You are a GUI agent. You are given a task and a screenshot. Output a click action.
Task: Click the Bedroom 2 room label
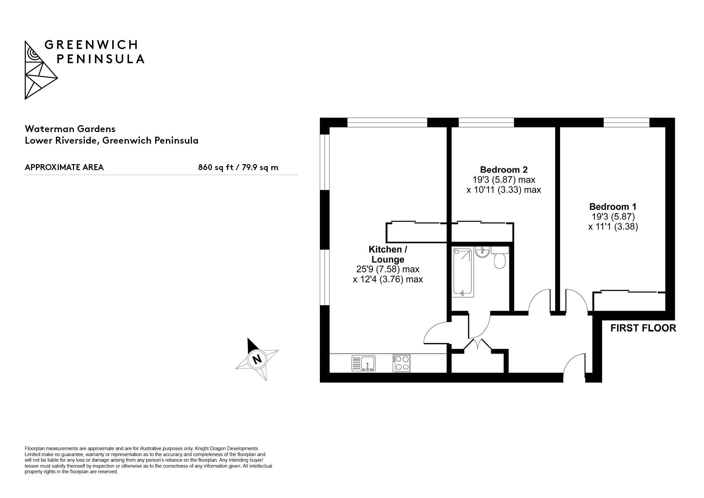tap(504, 170)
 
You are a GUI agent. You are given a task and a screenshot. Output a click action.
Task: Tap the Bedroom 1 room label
tap(613, 207)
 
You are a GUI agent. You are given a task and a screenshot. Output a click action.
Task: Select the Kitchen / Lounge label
tap(388, 254)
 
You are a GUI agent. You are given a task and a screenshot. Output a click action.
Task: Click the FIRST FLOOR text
tap(643, 328)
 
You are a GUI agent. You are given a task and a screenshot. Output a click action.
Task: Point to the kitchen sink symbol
tap(363, 363)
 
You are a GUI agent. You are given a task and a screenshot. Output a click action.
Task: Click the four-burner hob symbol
tap(402, 363)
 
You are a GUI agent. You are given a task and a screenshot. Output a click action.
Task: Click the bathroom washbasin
tap(483, 252)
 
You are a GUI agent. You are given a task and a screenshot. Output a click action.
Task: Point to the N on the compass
tap(257, 359)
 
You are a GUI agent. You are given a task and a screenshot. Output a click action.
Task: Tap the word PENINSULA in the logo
tap(101, 59)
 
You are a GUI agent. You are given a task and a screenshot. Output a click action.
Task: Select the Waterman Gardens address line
tap(70, 128)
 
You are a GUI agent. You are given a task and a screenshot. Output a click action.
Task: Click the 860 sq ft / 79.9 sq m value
tap(238, 167)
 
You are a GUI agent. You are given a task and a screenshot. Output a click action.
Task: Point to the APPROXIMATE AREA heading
tap(64, 167)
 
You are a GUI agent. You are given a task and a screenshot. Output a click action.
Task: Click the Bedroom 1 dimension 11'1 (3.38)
tap(613, 227)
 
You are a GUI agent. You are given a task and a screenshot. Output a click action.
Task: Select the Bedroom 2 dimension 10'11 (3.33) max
tap(504, 190)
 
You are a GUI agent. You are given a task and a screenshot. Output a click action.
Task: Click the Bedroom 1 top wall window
tap(626, 123)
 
